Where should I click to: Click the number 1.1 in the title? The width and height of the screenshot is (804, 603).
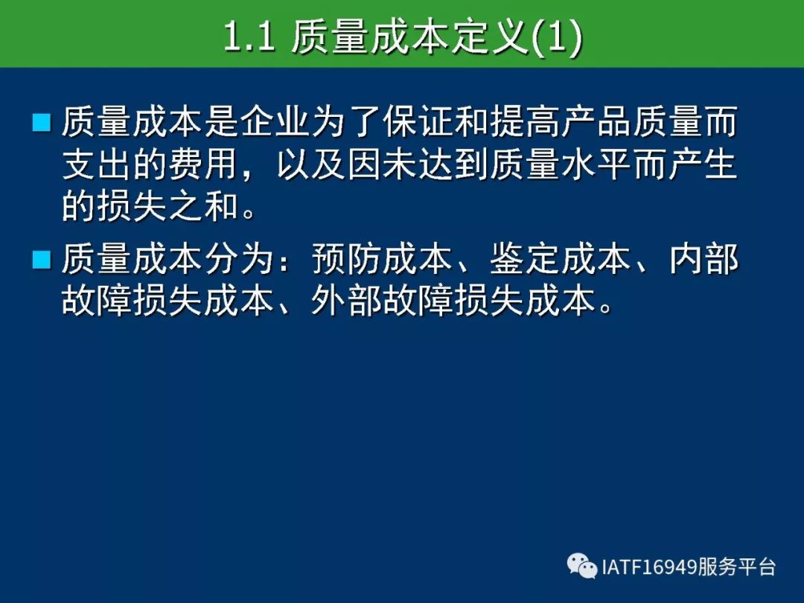pos(249,37)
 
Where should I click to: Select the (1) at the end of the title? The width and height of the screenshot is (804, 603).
pos(556,37)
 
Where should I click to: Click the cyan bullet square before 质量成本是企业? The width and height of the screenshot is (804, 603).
pos(41,123)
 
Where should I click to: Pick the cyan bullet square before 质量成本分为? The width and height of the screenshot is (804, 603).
pos(41,260)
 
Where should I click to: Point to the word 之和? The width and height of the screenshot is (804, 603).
pos(204,206)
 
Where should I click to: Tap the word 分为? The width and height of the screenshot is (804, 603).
pos(240,259)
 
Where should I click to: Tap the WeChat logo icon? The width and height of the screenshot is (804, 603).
pos(582,566)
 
